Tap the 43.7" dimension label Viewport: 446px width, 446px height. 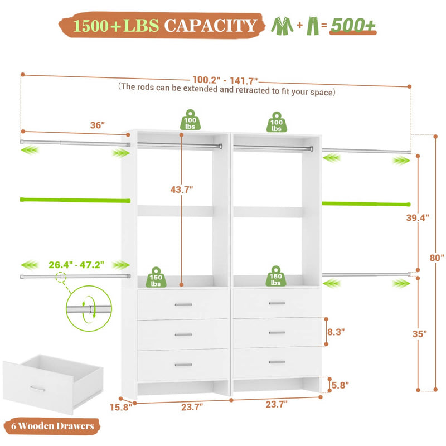182,190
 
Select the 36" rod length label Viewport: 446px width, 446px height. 98,126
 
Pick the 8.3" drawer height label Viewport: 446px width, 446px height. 336,331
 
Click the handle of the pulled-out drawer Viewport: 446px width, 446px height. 38,388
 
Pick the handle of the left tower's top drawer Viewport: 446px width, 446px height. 183,304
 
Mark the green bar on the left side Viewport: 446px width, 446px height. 75,199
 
